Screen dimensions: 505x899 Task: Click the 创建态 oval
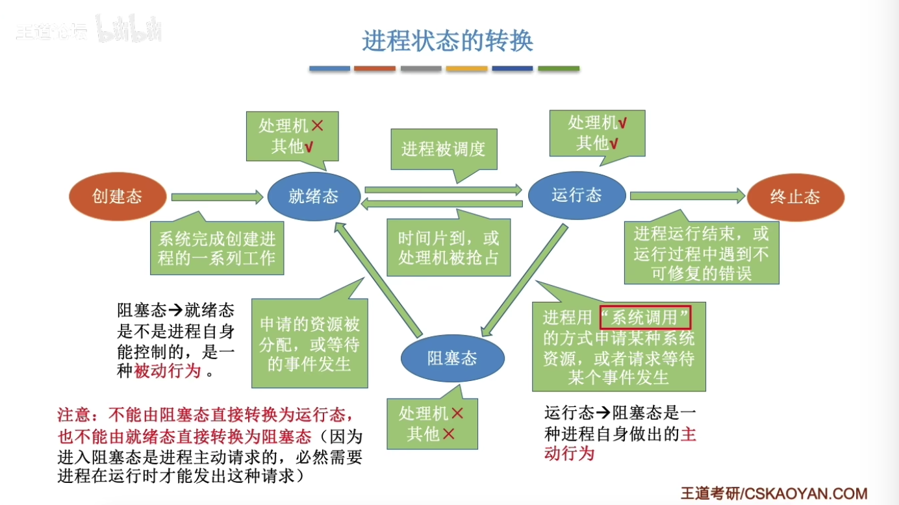point(118,196)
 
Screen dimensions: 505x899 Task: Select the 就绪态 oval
point(314,196)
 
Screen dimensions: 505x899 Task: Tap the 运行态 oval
point(577,195)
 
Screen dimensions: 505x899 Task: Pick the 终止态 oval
point(795,197)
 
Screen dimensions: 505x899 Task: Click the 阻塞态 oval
point(452,358)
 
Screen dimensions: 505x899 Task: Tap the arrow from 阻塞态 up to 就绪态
point(377,276)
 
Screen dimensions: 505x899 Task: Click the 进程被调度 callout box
point(443,150)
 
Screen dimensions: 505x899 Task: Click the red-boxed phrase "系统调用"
point(645,317)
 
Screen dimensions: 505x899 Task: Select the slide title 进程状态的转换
point(448,41)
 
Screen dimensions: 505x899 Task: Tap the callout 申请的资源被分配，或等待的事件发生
point(310,343)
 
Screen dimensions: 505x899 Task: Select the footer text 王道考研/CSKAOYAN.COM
point(774,493)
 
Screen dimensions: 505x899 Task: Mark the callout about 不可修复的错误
point(702,253)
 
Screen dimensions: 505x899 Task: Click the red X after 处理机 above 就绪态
point(318,126)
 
